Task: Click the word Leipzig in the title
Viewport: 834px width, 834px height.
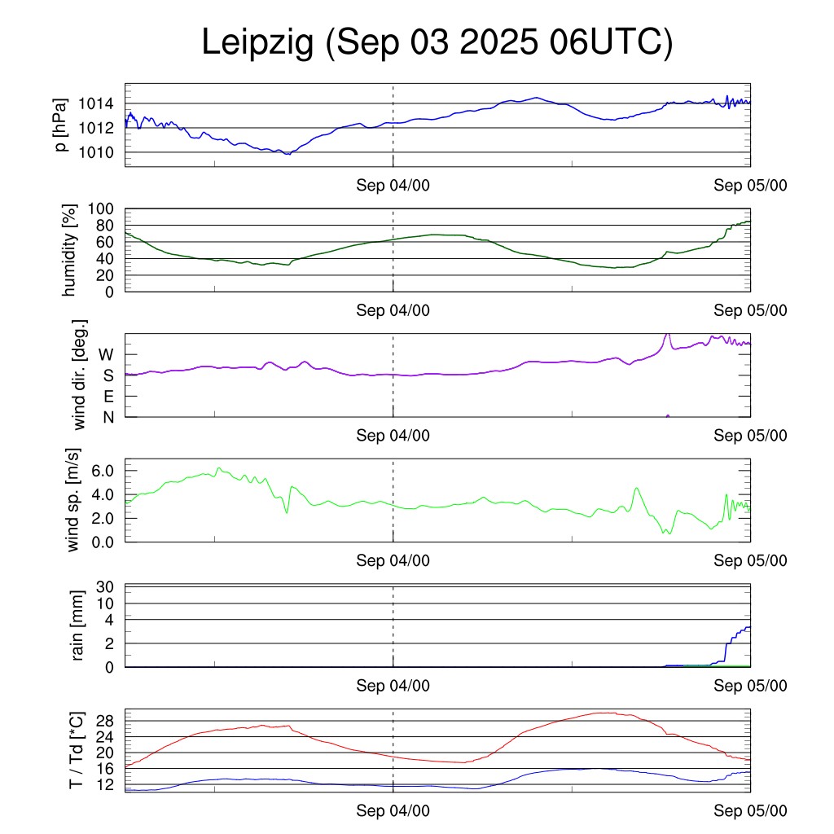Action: point(257,44)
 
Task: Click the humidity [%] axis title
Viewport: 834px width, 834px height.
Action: point(70,250)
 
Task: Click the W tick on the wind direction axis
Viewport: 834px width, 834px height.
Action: point(107,355)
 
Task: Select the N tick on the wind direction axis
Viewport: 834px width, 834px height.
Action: point(108,417)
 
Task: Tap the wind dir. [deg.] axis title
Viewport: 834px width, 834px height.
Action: point(79,375)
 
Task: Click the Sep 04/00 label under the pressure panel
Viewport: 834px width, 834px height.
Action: point(393,186)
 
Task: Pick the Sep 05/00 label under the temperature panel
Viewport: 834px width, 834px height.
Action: point(750,811)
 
